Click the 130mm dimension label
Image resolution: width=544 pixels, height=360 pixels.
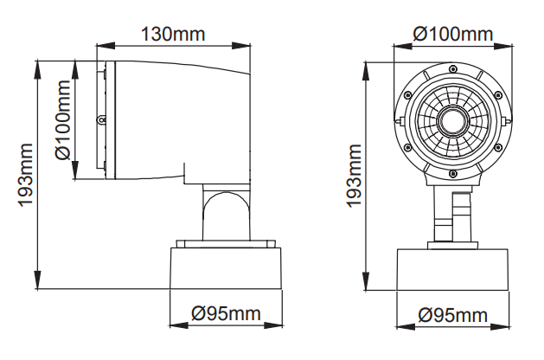tap(173, 35)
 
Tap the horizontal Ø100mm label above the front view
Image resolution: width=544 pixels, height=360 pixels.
tap(452, 35)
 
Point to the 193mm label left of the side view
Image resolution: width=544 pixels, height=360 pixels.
tap(25, 174)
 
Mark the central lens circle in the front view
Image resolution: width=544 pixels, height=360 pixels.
tap(451, 120)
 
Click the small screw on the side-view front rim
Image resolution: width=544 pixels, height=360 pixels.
tap(101, 119)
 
